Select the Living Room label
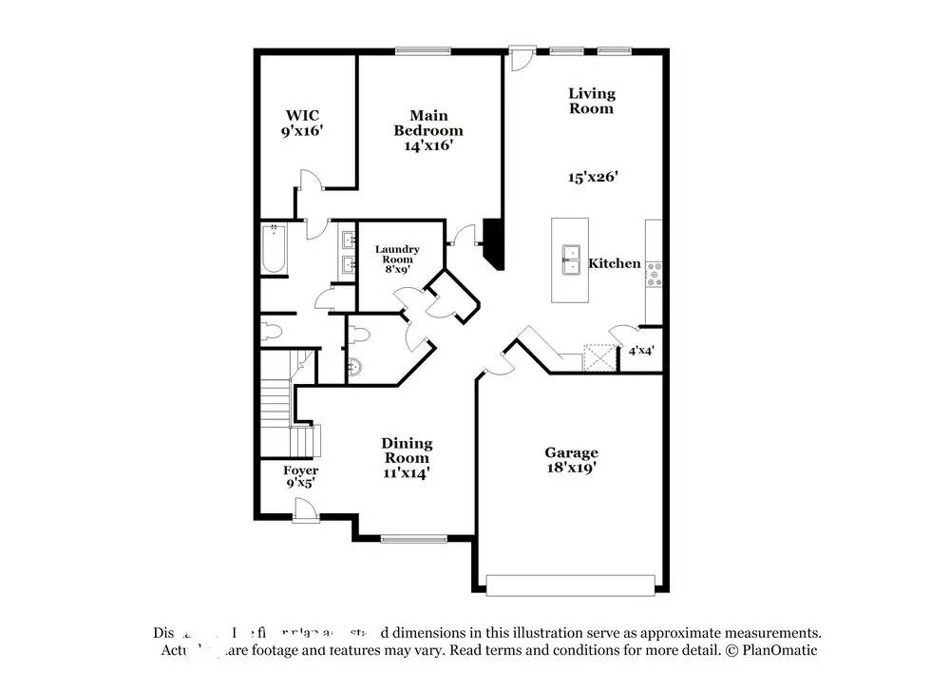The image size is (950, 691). pyautogui.click(x=591, y=101)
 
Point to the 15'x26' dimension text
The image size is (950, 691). pyautogui.click(x=592, y=176)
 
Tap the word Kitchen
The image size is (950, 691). pyautogui.click(x=614, y=263)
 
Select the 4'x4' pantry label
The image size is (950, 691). pyautogui.click(x=640, y=351)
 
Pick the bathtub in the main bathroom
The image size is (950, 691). pyautogui.click(x=273, y=248)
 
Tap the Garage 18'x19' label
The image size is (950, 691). pyautogui.click(x=571, y=460)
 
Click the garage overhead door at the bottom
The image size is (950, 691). pyautogui.click(x=571, y=583)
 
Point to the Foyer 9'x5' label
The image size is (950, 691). pyautogui.click(x=301, y=476)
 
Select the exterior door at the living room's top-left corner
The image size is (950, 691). pyautogui.click(x=518, y=59)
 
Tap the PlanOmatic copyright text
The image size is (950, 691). pyautogui.click(x=770, y=651)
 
